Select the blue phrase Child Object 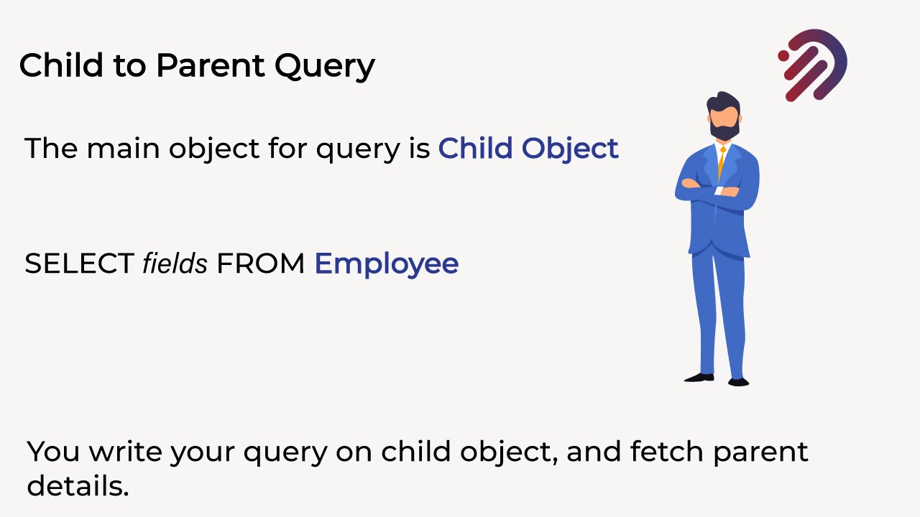[528, 148]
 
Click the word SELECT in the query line [78, 264]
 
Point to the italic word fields [175, 264]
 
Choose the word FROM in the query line [261, 264]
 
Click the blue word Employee [387, 265]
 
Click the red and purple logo [814, 65]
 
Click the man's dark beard [723, 130]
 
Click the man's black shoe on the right [738, 382]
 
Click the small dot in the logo [783, 55]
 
